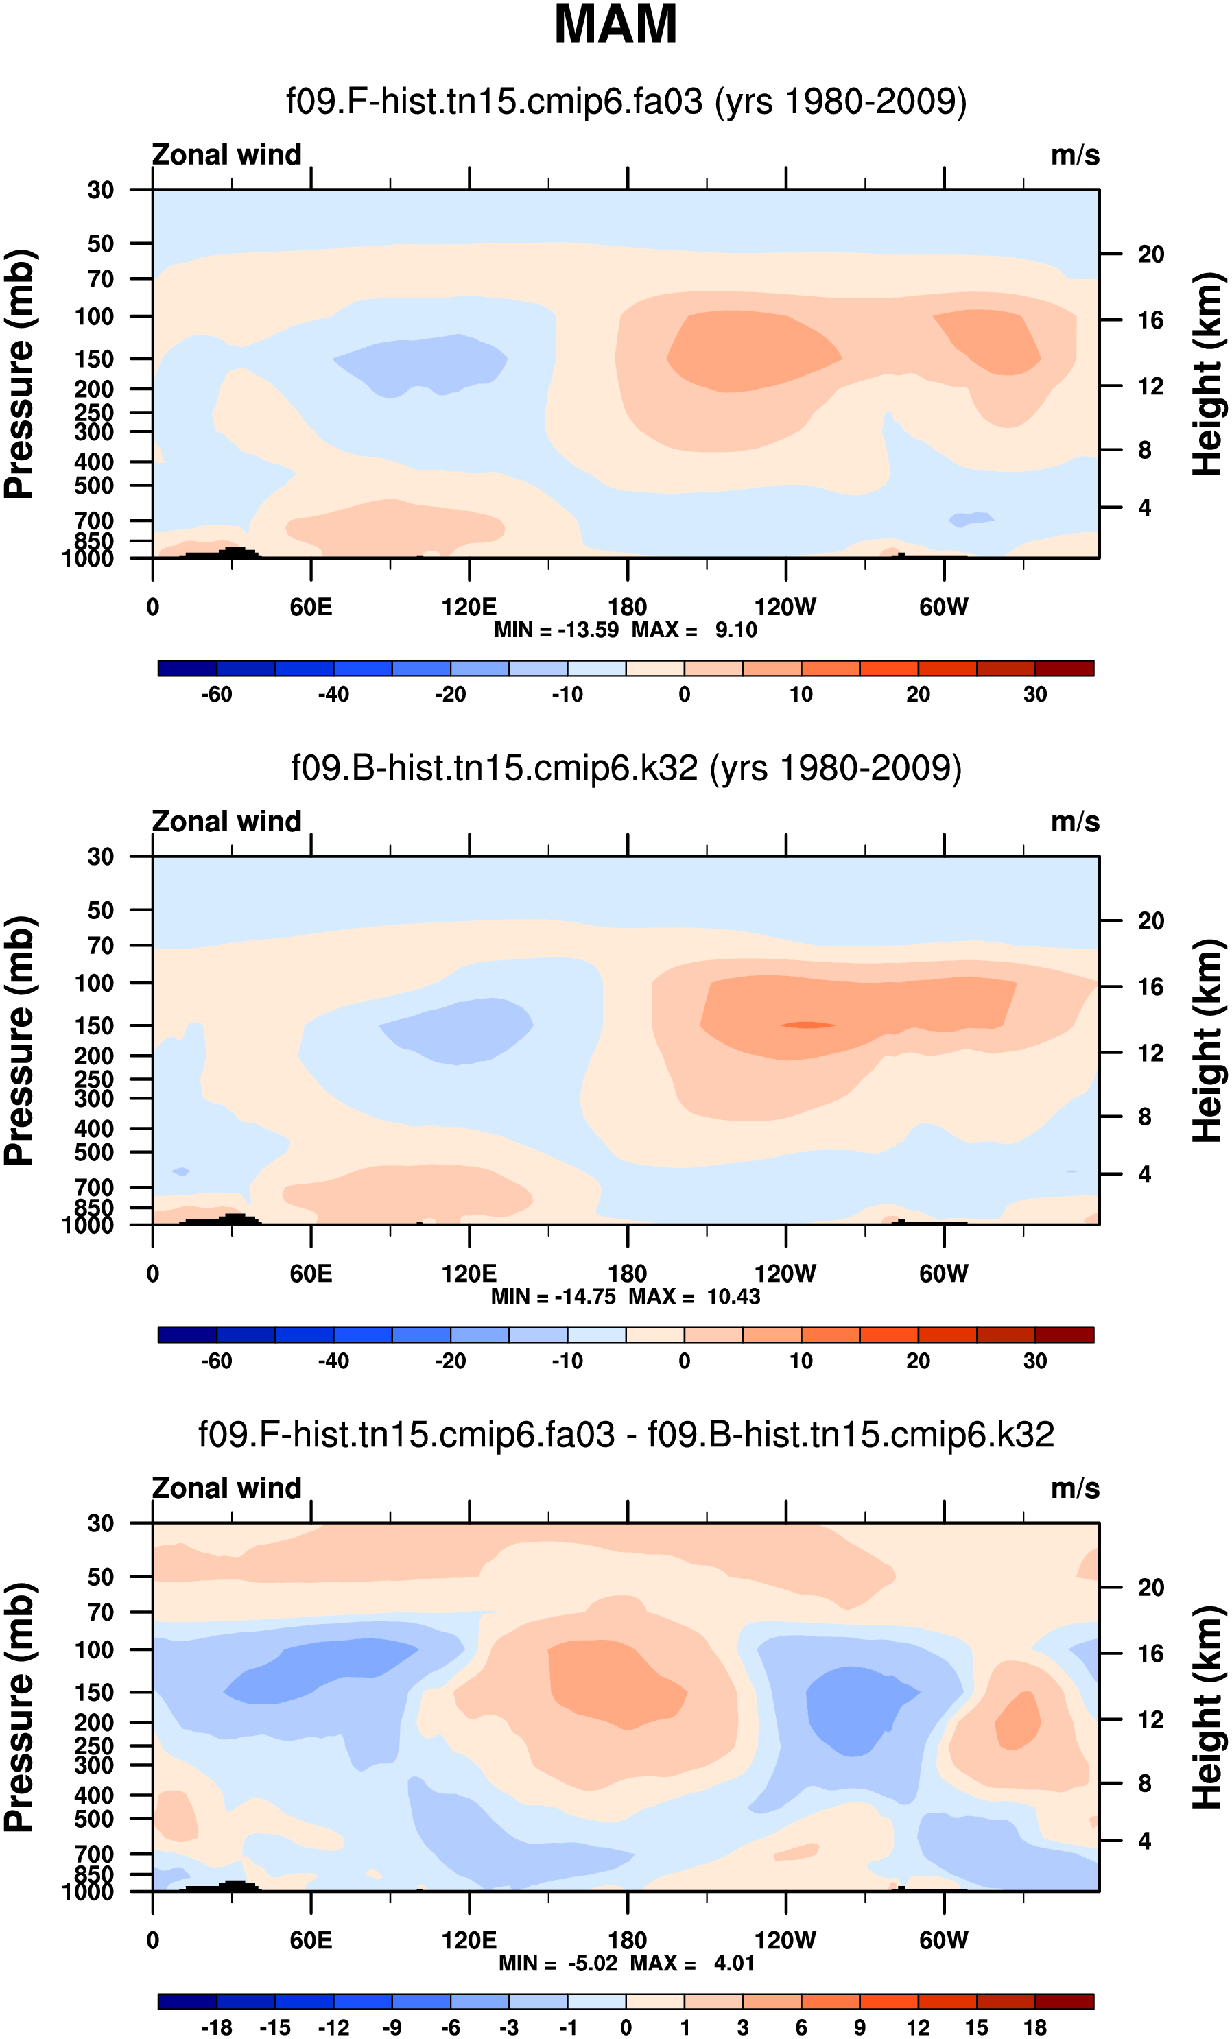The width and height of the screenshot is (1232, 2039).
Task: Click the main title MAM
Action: [615, 25]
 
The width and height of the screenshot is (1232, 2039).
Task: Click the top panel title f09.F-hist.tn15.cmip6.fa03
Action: [626, 102]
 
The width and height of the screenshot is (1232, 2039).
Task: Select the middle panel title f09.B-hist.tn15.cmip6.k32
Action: [626, 768]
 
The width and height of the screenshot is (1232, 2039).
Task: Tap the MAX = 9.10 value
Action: [694, 630]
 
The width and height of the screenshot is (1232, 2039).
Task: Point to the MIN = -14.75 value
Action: [554, 1296]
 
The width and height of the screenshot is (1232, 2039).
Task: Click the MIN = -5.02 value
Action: [558, 1963]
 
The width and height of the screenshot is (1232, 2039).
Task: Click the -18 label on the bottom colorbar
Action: [217, 2027]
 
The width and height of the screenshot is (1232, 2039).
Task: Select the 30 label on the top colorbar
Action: [1035, 694]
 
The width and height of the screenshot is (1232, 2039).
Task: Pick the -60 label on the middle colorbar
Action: [217, 1361]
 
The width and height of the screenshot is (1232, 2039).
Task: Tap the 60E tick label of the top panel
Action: [311, 608]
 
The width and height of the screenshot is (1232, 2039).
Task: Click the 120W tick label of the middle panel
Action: [785, 1274]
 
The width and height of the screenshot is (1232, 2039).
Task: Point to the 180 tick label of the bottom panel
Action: [627, 1940]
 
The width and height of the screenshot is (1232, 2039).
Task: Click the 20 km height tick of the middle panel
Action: [1150, 920]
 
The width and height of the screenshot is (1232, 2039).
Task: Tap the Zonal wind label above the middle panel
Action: [226, 822]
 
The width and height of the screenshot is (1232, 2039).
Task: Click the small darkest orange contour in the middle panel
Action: [807, 1025]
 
